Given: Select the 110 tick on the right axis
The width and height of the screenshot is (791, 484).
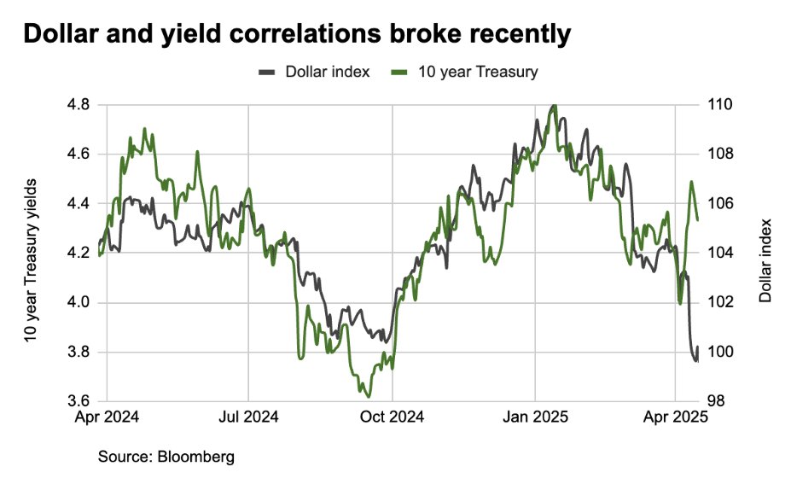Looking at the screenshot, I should (719, 105).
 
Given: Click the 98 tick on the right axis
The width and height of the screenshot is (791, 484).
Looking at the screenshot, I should (716, 402).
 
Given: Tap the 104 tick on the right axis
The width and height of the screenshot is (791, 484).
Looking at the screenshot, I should (719, 254).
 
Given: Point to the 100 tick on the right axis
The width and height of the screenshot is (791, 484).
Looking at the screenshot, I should (719, 353).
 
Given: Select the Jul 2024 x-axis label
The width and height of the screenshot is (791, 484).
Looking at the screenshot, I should (248, 419).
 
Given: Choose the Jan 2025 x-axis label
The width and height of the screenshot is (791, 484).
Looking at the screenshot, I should (535, 419).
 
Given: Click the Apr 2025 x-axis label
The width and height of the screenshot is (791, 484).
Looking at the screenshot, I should (677, 419).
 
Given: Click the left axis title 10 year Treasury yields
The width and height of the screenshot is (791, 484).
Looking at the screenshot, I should (32, 260).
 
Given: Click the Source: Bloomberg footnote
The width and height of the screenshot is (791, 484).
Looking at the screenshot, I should (166, 457).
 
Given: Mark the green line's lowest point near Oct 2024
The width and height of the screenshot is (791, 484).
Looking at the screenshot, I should (368, 396).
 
